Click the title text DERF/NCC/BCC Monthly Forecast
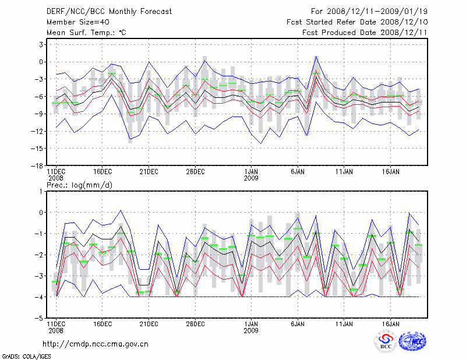pos(110,10)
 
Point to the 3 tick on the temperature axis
pos(41,44)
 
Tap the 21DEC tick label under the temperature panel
pos(149,172)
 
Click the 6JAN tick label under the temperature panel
pos(298,172)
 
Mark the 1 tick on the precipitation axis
pos(41,191)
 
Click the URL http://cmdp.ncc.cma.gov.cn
pos(96,343)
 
